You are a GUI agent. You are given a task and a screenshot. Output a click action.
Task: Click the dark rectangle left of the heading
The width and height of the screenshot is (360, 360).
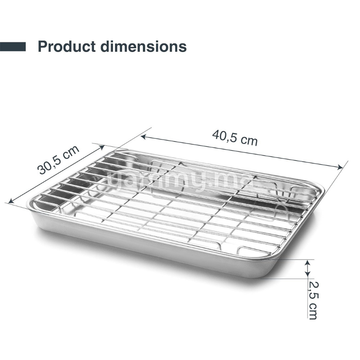coord(13,46)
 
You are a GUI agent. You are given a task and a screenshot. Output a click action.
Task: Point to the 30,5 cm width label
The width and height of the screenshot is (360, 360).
coord(58,160)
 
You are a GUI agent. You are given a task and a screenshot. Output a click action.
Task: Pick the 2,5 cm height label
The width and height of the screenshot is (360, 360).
coord(313,299)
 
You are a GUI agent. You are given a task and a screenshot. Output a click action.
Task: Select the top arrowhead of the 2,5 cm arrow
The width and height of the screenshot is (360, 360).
coord(308,262)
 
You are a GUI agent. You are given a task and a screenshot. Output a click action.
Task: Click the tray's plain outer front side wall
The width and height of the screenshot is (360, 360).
coord(148,247)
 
